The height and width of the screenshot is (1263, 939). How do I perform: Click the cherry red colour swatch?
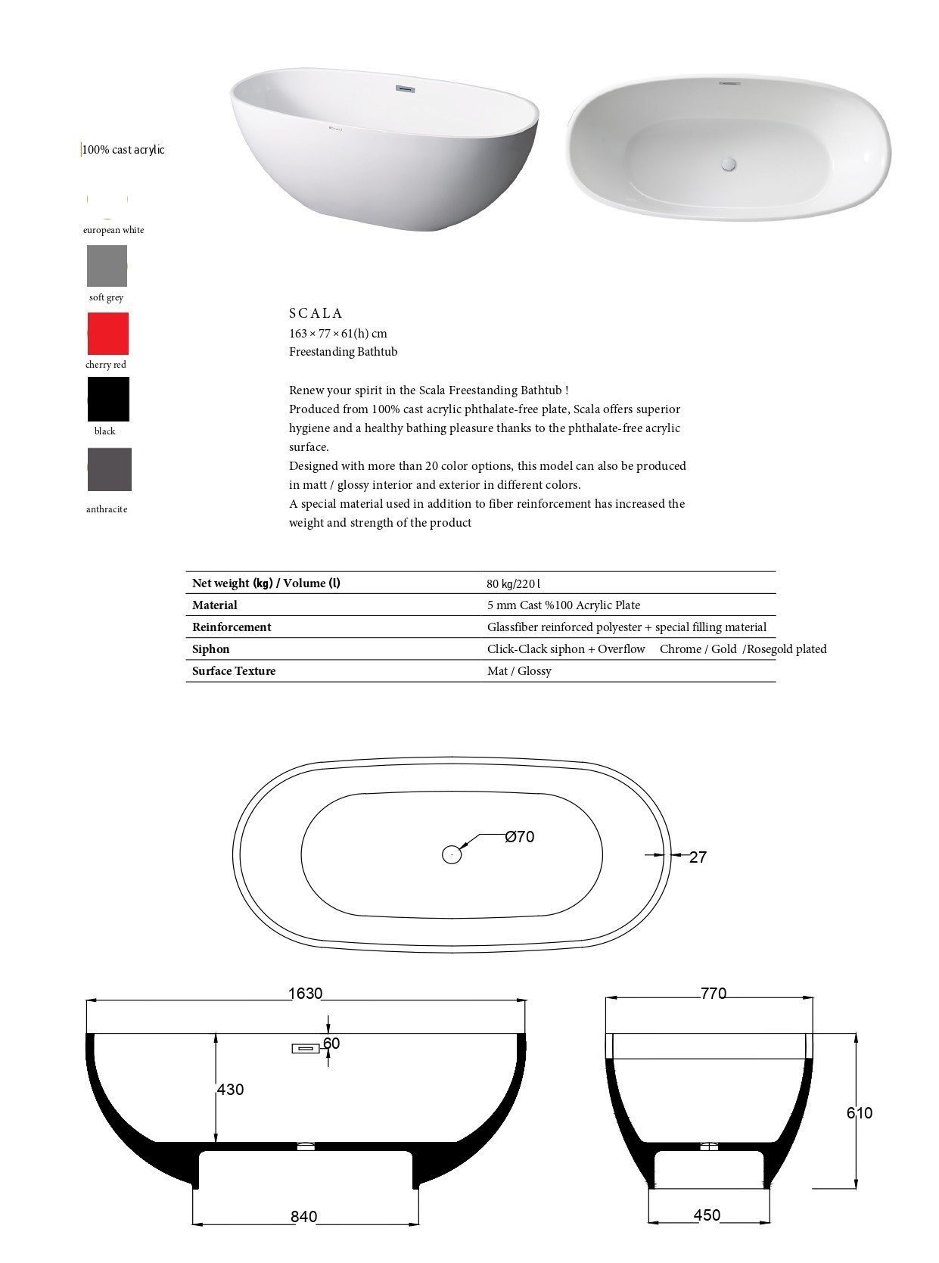pyautogui.click(x=107, y=334)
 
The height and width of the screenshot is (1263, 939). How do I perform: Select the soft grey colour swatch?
pyautogui.click(x=107, y=266)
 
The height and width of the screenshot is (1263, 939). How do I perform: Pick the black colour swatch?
pyautogui.click(x=108, y=399)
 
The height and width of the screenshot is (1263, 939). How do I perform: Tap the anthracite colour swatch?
pyautogui.click(x=109, y=469)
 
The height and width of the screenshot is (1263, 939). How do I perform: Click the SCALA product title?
pyautogui.click(x=316, y=313)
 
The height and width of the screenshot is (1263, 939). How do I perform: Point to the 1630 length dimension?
pyautogui.click(x=306, y=994)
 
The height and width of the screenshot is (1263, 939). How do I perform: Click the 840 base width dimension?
pyautogui.click(x=304, y=1217)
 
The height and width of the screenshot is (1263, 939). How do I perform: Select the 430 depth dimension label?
pyautogui.click(x=231, y=1090)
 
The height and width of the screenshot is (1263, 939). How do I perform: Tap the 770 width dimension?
pyautogui.click(x=713, y=994)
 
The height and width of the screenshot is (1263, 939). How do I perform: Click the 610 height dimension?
pyautogui.click(x=860, y=1113)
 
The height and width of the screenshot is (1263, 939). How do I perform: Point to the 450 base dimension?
pyautogui.click(x=707, y=1215)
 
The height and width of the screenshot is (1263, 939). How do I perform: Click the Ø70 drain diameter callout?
pyautogui.click(x=520, y=837)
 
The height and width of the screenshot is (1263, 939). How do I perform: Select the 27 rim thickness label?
pyautogui.click(x=698, y=857)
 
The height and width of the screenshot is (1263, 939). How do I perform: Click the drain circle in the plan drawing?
pyautogui.click(x=452, y=854)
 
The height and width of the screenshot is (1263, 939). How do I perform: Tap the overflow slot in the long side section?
pyautogui.click(x=306, y=1048)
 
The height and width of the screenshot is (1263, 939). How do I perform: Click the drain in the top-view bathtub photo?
pyautogui.click(x=729, y=161)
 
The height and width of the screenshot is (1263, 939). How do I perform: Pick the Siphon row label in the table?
pyautogui.click(x=211, y=649)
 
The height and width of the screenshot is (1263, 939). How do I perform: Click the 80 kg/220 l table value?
pyautogui.click(x=514, y=583)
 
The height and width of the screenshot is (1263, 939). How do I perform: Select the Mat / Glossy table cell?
pyautogui.click(x=519, y=671)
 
